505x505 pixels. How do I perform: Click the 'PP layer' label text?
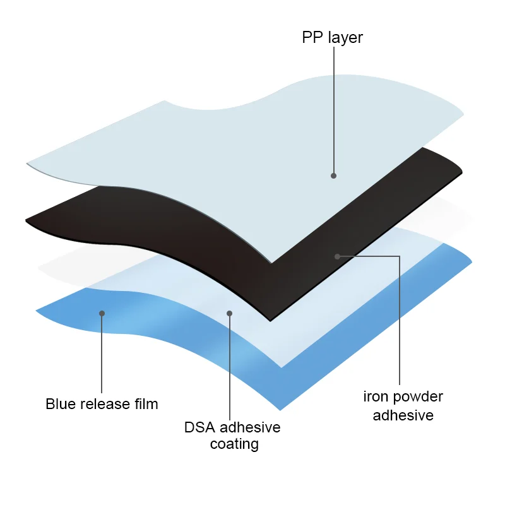tap(332, 38)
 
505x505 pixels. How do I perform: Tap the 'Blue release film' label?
tap(102, 404)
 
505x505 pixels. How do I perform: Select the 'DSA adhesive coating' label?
tap(232, 436)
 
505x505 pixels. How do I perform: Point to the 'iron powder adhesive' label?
tap(403, 406)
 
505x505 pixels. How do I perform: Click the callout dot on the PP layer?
tap(333, 175)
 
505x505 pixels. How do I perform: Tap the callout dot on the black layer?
tap(338, 256)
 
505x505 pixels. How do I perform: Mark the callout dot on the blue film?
tap(102, 313)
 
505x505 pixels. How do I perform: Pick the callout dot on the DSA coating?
tap(230, 313)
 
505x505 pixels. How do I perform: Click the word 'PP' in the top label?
tap(311, 38)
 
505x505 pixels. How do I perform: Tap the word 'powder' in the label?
tap(417, 398)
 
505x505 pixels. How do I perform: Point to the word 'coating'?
tap(234, 444)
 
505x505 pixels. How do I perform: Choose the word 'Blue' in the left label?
tap(60, 404)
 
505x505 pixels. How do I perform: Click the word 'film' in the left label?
tap(145, 404)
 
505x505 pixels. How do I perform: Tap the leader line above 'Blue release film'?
tap(102, 353)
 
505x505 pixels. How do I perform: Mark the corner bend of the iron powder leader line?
tap(400, 256)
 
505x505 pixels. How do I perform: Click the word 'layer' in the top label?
tap(345, 39)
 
